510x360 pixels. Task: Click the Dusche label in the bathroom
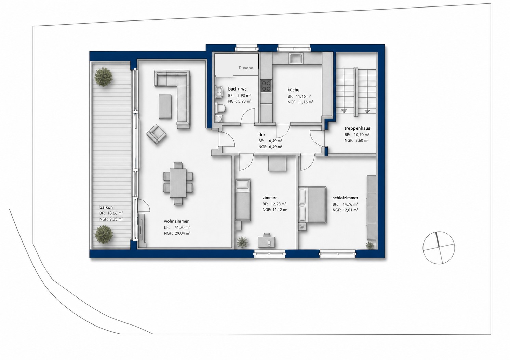click(246, 68)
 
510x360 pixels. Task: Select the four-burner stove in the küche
click(266, 86)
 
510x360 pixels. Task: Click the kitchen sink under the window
click(296, 58)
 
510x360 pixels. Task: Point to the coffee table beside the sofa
click(165, 107)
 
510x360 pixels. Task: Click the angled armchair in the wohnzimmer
click(157, 134)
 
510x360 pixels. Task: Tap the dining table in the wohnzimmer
click(178, 183)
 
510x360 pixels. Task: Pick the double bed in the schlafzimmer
click(312, 205)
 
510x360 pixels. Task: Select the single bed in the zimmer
click(243, 199)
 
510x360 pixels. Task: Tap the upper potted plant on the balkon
click(103, 77)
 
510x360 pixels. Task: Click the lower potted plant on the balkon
click(104, 234)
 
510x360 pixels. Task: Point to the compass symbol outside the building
click(439, 248)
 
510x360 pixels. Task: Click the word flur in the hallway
click(262, 135)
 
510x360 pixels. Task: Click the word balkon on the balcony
click(106, 207)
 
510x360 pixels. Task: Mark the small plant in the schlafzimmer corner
click(370, 246)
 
